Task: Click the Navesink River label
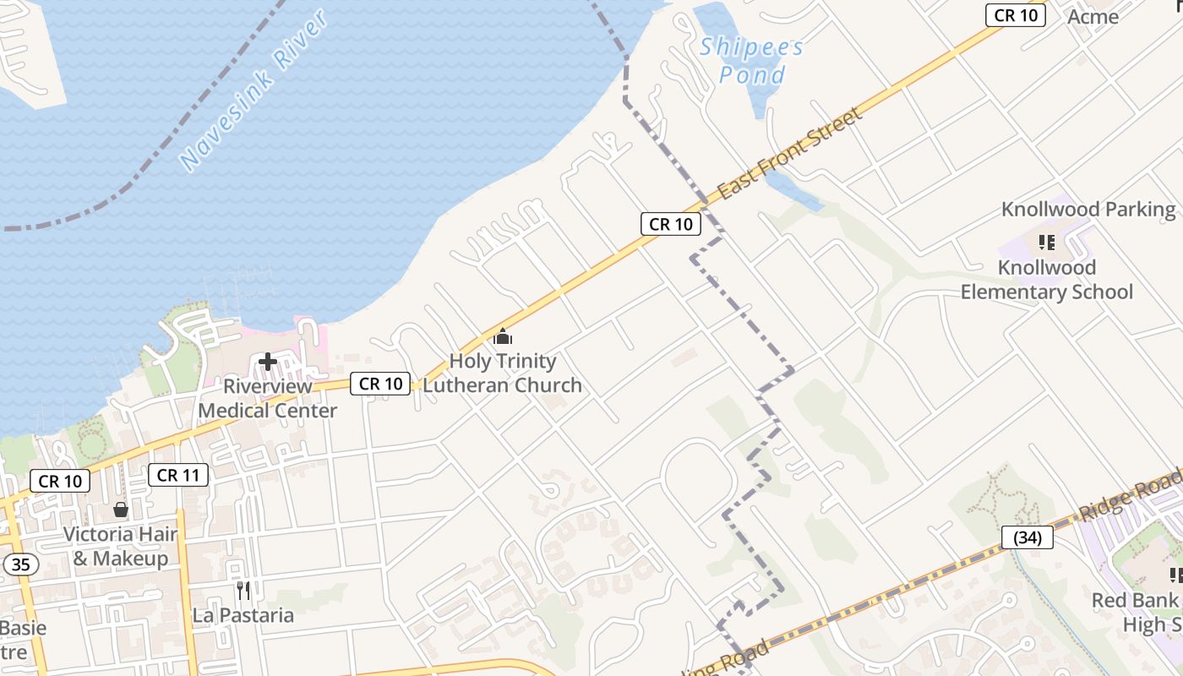tap(253, 90)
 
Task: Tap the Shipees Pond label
tap(751, 61)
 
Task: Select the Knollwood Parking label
tap(1088, 210)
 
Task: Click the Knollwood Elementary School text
tap(1047, 280)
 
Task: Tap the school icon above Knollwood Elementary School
tap(1047, 243)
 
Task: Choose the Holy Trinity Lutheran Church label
tap(503, 373)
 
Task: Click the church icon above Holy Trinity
tap(503, 337)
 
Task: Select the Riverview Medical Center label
tap(268, 398)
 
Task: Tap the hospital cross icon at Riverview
tap(268, 363)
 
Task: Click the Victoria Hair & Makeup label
tap(121, 546)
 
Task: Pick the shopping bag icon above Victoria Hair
tap(121, 510)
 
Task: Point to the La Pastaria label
tap(243, 615)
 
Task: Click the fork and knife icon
tap(243, 590)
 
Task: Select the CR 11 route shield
tap(179, 475)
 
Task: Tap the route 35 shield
tap(19, 564)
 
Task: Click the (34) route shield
tap(1028, 537)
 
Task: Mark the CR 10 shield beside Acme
tap(1016, 14)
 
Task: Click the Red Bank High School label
tap(1137, 612)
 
